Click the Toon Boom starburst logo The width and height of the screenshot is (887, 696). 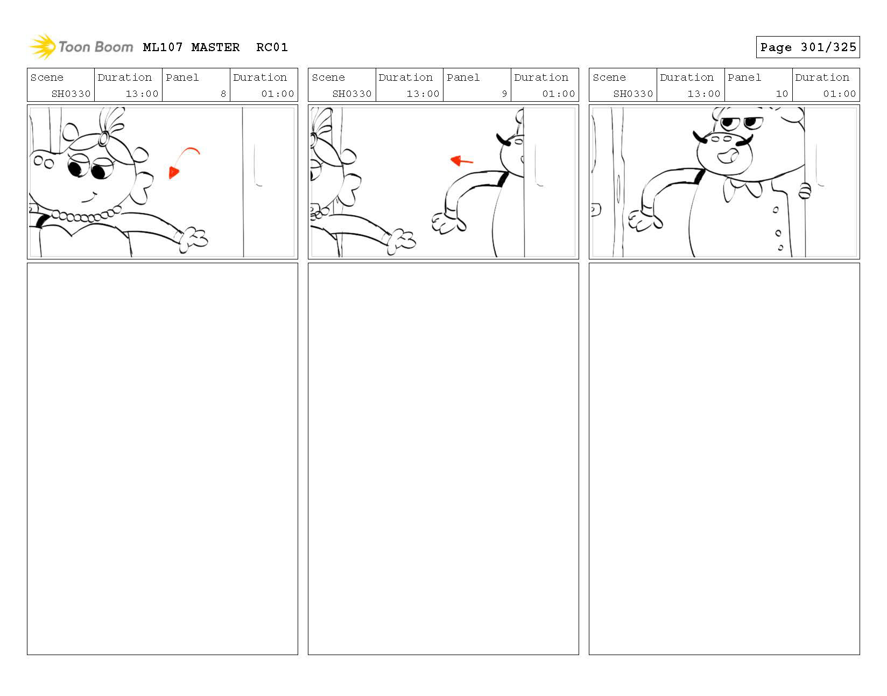coord(43,46)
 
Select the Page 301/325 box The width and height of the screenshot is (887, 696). coord(807,47)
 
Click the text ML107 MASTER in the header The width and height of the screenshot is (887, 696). coord(191,47)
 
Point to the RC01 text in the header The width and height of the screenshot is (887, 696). coord(272,47)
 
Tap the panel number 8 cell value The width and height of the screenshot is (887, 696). coord(223,94)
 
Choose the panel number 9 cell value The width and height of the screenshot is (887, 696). coord(504,94)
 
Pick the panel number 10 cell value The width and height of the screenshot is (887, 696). coord(782,94)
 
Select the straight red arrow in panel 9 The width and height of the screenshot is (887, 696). coord(462,160)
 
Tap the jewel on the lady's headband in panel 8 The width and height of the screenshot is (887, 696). coord(104,139)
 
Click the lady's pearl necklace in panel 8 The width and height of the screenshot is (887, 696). coord(86,215)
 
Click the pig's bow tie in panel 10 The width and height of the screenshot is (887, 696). coord(742,188)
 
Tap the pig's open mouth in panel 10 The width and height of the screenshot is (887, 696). coord(727,156)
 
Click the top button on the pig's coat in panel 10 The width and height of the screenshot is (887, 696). coord(775,210)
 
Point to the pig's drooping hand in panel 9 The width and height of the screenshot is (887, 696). coord(448,223)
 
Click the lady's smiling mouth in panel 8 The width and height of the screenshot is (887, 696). coord(89,197)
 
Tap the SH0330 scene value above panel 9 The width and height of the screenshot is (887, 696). coord(351,94)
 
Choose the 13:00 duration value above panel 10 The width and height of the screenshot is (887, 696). coord(703,94)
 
